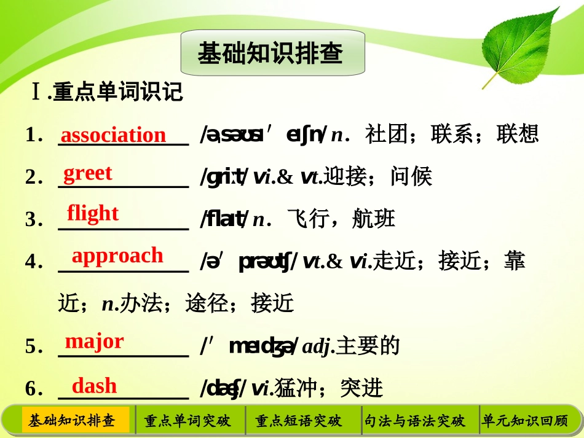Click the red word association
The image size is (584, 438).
pos(113,135)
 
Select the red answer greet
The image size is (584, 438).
pos(88,173)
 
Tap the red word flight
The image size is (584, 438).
pos(93,213)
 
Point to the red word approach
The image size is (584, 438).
pos(117,256)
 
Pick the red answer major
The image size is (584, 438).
pos(94,342)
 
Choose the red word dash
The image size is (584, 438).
pos(94,386)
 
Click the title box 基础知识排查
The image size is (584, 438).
pos(272,53)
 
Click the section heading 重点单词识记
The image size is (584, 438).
pos(117,92)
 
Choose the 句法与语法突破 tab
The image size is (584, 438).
pos(414,421)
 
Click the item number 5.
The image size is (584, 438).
pos(32,346)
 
